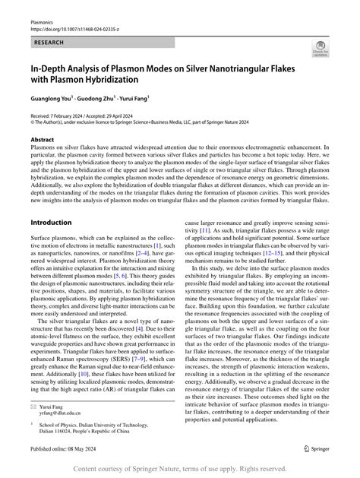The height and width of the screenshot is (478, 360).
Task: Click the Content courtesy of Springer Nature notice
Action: click(179, 469)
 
